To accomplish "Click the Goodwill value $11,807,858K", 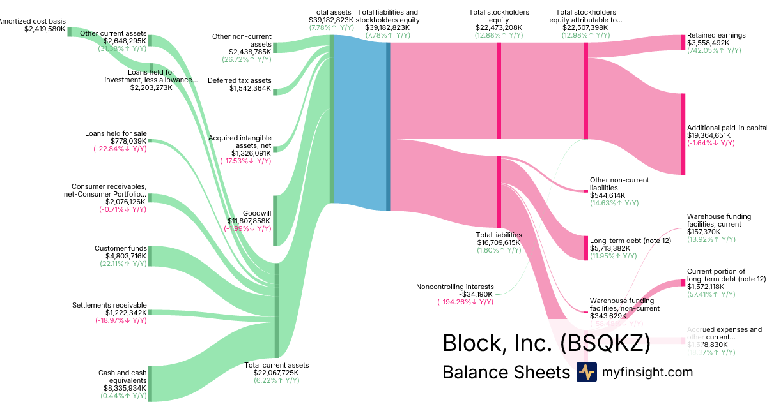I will coord(249,221).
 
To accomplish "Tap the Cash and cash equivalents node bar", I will coord(150,383).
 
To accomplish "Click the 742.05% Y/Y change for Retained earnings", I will coord(714,51).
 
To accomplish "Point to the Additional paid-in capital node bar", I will coord(683,134).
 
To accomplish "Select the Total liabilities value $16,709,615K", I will coord(499,242).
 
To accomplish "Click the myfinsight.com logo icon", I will coord(586,373).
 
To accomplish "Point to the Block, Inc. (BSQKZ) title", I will coord(546,343).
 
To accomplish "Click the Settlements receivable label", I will coord(109,305).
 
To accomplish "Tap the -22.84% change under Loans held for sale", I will coord(120,149).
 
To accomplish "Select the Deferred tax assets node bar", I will coord(275,92).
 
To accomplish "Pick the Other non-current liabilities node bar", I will coord(585,191).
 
